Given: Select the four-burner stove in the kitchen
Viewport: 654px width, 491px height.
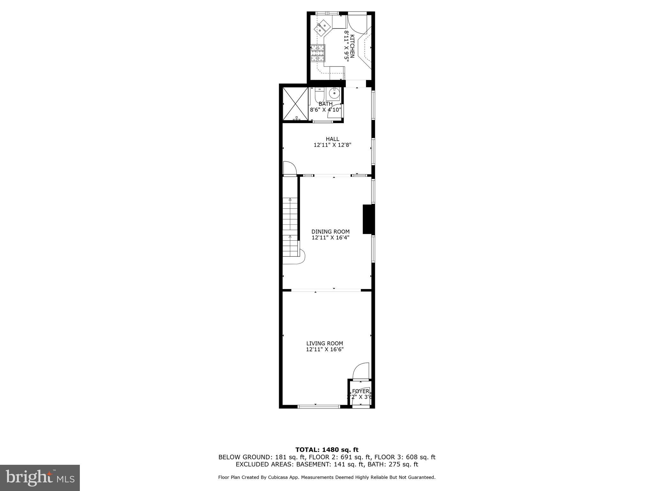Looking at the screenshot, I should (x=318, y=53).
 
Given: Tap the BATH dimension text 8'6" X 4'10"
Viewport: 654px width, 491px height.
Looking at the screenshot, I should (x=325, y=110).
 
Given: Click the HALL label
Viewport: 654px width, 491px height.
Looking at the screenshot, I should (x=332, y=139).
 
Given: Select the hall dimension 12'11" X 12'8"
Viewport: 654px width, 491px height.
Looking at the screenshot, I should (x=332, y=145).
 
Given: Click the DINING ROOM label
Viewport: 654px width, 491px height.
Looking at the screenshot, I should (x=331, y=232).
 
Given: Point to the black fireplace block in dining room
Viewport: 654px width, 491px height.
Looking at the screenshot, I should (x=368, y=219).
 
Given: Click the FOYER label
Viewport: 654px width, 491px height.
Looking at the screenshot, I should (x=361, y=391).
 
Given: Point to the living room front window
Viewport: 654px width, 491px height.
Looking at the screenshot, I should (x=319, y=406).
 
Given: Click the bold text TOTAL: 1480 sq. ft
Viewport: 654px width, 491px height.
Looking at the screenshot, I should (x=327, y=450).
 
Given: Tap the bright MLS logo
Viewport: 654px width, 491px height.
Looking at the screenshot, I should (x=40, y=478).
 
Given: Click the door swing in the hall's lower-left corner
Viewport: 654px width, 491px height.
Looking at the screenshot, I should (x=289, y=168).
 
